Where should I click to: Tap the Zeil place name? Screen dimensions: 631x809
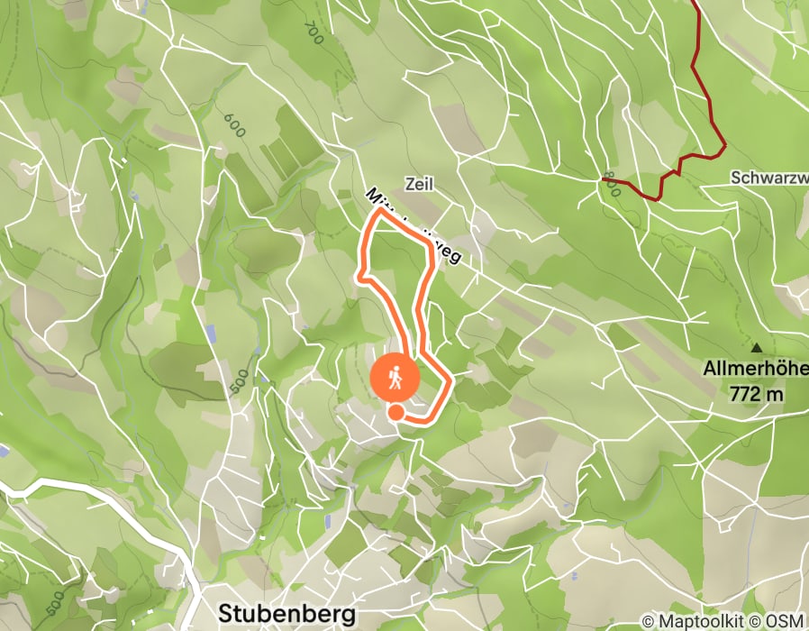tap(420, 184)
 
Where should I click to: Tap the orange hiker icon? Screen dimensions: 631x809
tap(395, 379)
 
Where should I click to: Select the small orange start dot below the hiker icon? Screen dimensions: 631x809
tap(395, 412)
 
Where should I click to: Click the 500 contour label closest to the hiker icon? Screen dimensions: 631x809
tap(238, 380)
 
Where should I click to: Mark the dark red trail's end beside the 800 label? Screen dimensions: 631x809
tap(603, 178)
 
